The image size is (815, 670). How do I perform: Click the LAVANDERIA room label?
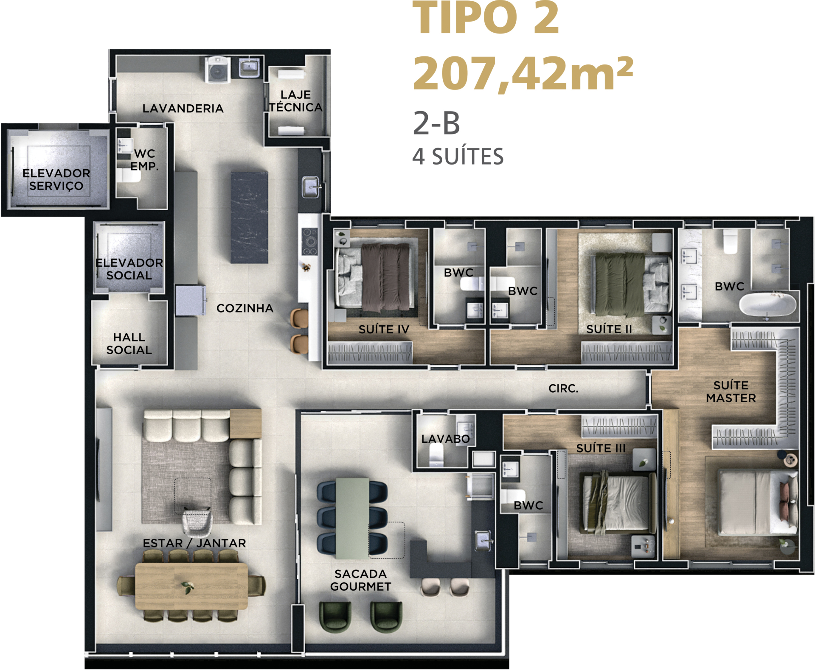[x=183, y=109]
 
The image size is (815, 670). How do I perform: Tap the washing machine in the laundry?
[x=217, y=70]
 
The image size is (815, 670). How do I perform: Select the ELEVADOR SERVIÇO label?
[x=56, y=179]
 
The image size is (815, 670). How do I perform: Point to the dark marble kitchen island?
[x=249, y=217]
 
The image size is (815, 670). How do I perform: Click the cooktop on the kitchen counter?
[x=309, y=241]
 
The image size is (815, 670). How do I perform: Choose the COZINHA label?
[x=245, y=308]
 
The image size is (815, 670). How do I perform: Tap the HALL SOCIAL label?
[x=129, y=343]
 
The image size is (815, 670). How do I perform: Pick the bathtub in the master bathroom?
[x=768, y=304]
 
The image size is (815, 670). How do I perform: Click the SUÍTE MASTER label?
[x=731, y=392]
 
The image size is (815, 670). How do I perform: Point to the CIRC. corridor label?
[x=563, y=388]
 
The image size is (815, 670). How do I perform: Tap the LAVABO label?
[x=446, y=439]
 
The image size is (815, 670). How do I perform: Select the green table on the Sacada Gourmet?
[x=352, y=518]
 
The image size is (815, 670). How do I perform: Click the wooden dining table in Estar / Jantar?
[x=191, y=586]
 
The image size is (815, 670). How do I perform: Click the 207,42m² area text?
[x=523, y=74]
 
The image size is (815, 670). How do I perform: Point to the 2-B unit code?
[x=436, y=123]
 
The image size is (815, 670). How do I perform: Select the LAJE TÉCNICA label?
[x=295, y=101]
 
